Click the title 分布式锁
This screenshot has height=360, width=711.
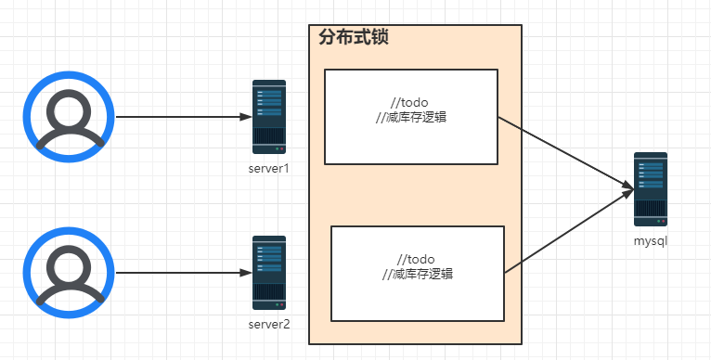[x=353, y=38]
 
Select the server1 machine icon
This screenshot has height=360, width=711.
[x=269, y=117]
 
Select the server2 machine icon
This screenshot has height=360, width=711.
[x=269, y=273]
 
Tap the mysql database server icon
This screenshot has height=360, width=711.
[x=650, y=189]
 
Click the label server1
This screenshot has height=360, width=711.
[x=269, y=168]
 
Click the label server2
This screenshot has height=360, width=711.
[x=269, y=323]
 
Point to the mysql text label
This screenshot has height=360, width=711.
[x=651, y=240]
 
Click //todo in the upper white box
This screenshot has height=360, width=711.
[x=410, y=102]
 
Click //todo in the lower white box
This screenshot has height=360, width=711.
[x=416, y=259]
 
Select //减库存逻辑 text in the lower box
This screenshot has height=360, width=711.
[x=418, y=275]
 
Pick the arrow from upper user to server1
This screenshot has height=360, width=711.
[x=181, y=118]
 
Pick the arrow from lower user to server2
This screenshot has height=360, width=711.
[x=181, y=273]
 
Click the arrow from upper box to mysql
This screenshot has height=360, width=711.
[x=562, y=152]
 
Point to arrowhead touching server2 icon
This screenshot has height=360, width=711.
[x=246, y=273]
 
